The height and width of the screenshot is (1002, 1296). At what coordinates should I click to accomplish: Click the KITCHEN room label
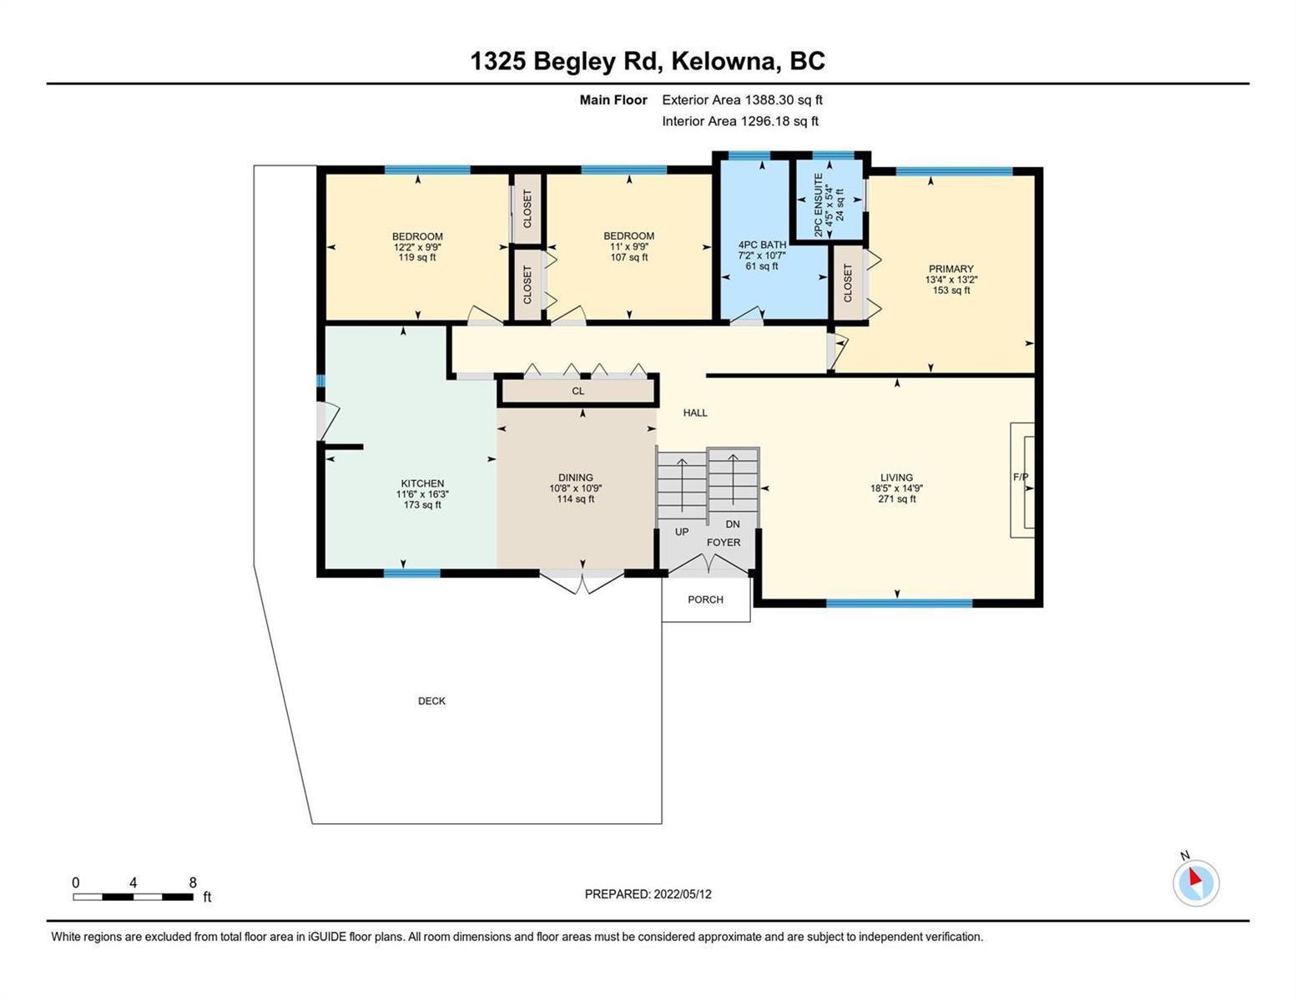pos(422,483)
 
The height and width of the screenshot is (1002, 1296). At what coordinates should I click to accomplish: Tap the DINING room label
pos(576,478)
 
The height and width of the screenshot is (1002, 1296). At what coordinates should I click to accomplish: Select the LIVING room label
pos(896,478)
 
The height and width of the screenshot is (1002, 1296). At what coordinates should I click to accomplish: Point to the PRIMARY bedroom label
pos(951,269)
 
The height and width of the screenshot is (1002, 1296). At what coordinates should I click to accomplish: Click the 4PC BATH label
pos(762,245)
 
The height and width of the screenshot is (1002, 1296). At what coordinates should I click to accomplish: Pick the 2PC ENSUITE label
pos(819,205)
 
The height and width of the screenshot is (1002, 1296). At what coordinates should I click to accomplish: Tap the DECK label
pos(431,701)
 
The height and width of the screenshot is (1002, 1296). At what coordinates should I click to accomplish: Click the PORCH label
pos(705,600)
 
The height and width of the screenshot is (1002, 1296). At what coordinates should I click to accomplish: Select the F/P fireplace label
pos(1021,477)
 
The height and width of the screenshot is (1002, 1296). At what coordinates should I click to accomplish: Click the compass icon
pos(1196,882)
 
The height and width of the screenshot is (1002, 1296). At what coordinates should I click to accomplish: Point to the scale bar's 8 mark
pos(193,883)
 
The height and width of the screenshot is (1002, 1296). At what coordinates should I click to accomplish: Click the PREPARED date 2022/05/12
pos(683,894)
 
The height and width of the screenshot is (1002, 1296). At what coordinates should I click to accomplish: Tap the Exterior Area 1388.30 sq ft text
pos(742,100)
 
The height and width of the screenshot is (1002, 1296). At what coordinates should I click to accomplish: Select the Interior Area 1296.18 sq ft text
pos(740,122)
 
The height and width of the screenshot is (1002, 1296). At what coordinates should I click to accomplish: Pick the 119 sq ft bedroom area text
pos(417,258)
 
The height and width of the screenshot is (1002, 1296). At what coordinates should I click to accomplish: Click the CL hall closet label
pos(578,392)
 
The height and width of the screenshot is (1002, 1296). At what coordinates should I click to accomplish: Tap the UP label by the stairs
pos(682,532)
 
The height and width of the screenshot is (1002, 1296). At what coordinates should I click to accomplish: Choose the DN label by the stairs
pos(733,524)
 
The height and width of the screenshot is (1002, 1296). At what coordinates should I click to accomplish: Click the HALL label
pos(695,413)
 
